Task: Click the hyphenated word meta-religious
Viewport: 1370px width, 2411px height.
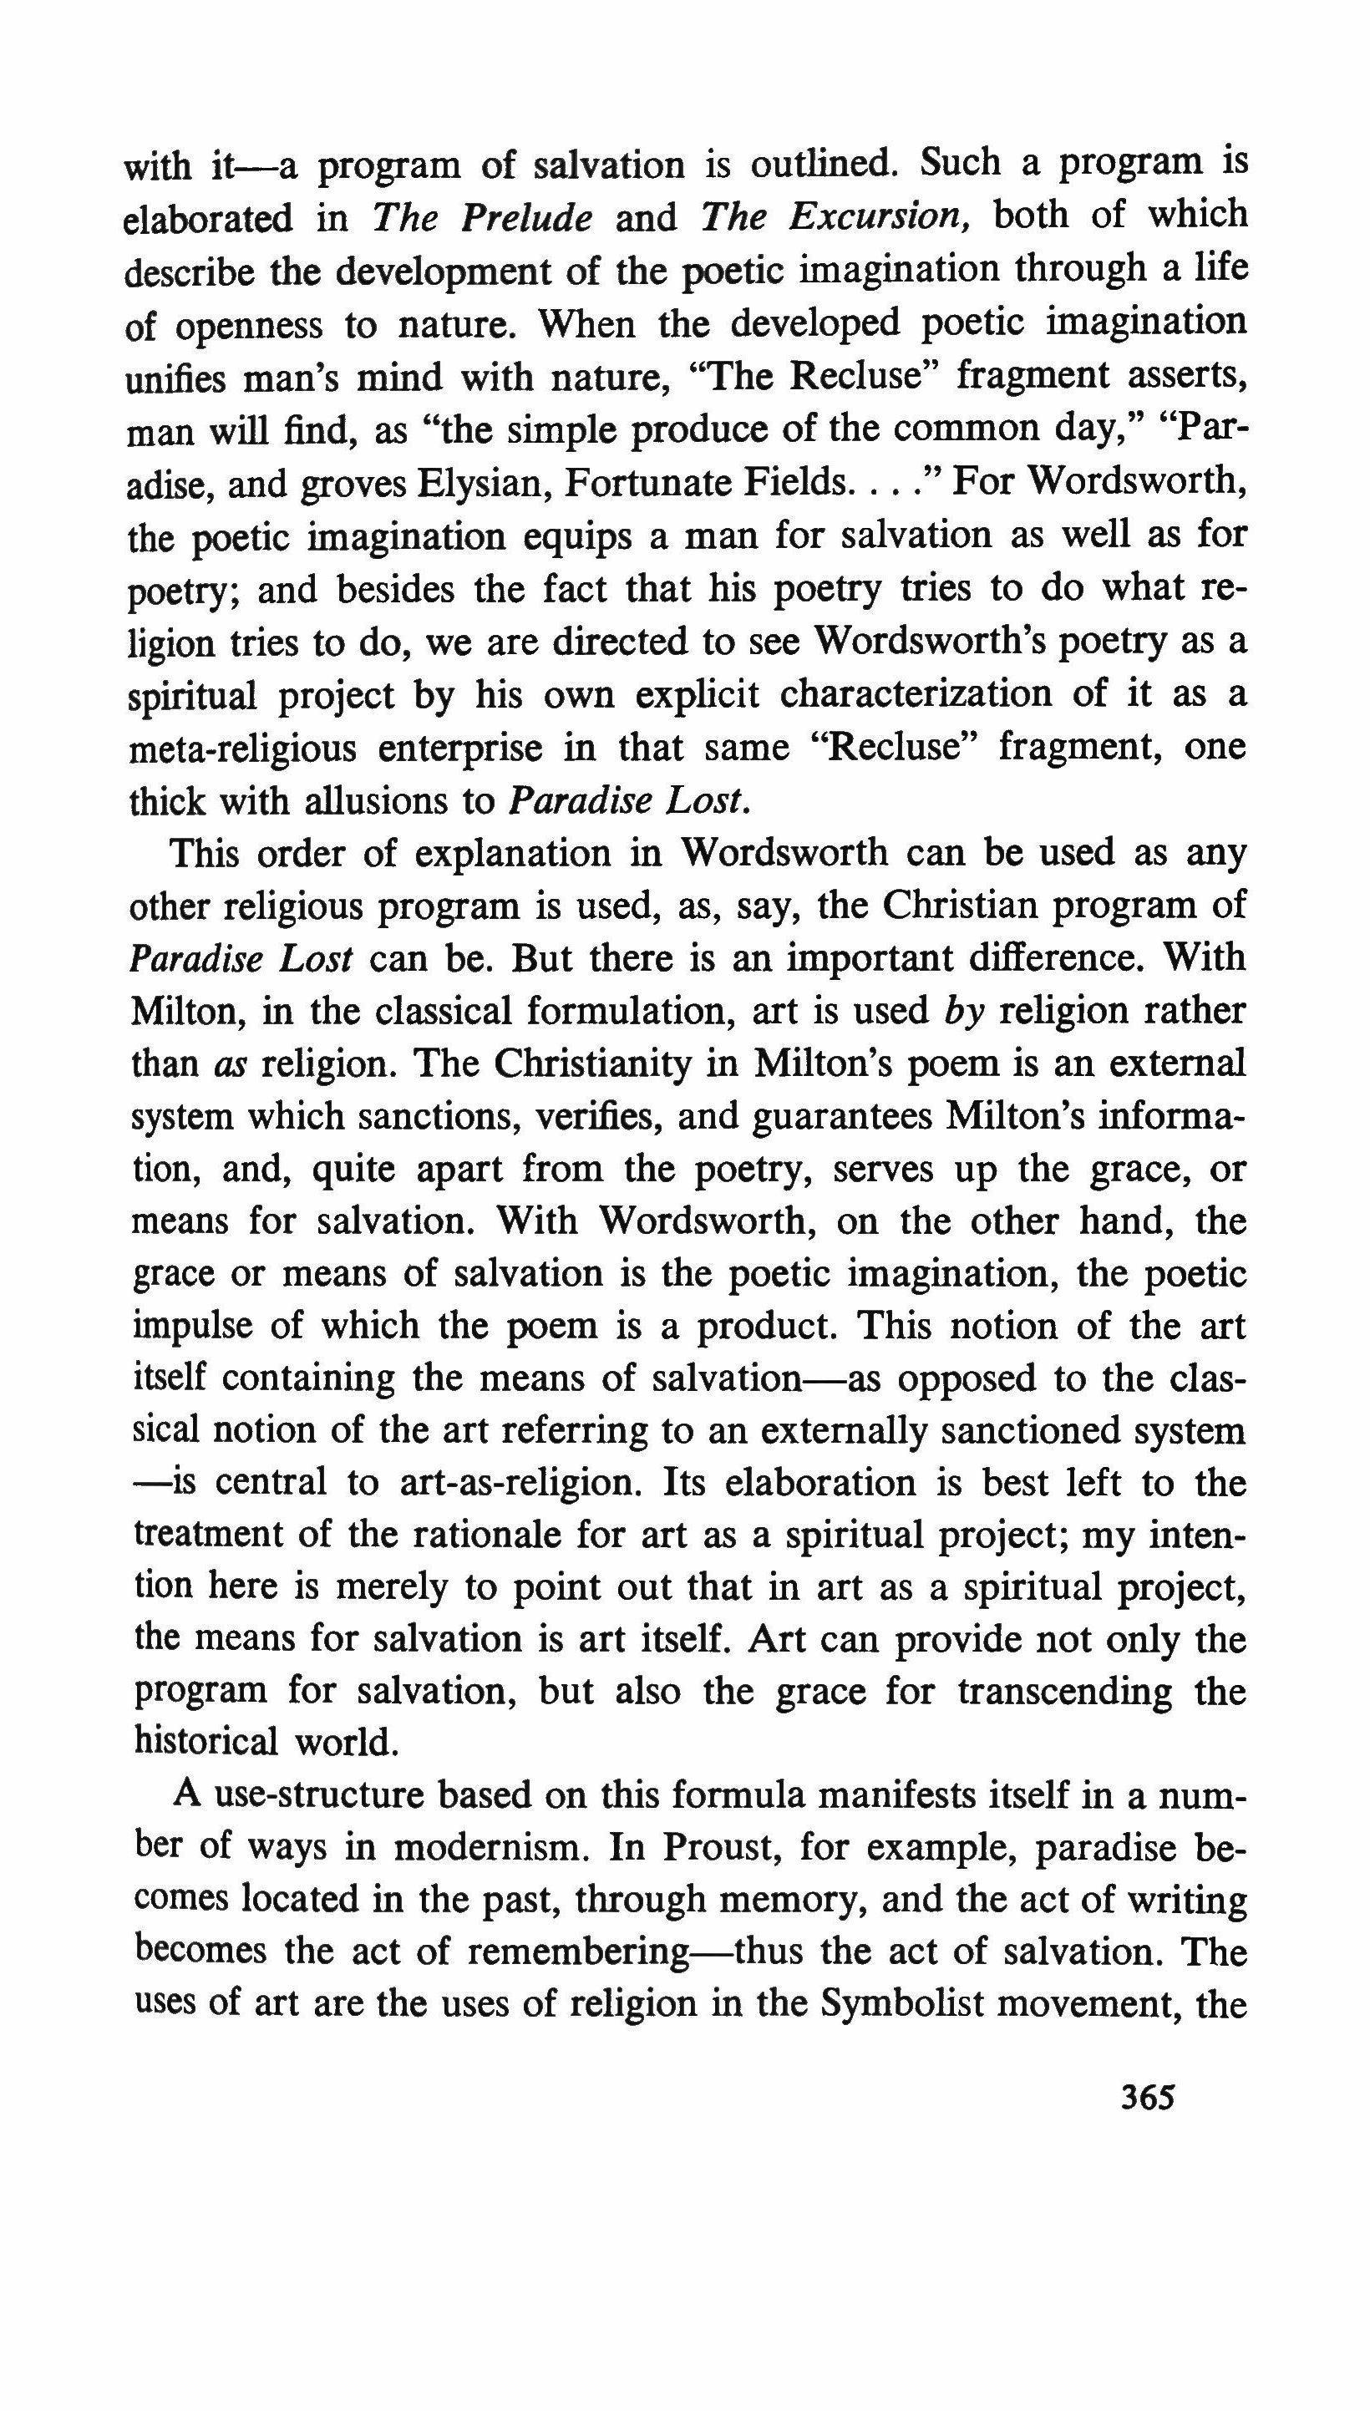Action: pos(243,749)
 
